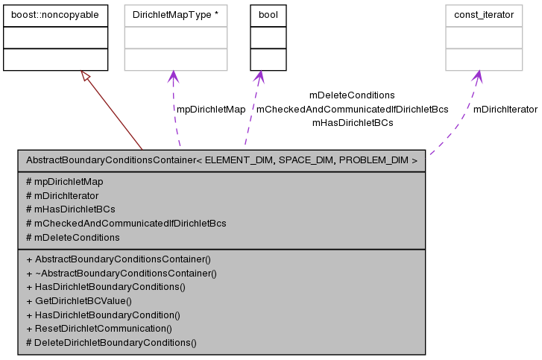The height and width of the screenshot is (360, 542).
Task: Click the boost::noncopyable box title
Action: pos(56,14)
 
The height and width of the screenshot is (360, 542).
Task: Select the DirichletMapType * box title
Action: pos(175,14)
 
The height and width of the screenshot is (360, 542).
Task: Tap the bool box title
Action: pos(268,14)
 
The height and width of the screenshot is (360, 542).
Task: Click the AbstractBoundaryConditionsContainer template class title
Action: pos(221,160)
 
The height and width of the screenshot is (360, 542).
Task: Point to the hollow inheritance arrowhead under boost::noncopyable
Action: pos(85,77)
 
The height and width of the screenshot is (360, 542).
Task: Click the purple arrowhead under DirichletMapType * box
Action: pos(174,77)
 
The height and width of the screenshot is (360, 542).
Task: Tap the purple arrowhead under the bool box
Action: pos(259,77)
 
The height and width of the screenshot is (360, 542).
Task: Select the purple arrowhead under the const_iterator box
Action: pos(477,77)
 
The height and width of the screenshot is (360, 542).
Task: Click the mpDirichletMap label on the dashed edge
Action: pos(210,110)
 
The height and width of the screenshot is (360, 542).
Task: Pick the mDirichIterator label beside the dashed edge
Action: pos(505,110)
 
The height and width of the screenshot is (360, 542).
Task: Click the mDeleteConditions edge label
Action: pos(352,95)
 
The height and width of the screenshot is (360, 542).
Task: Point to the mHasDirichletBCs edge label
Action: pos(352,122)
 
